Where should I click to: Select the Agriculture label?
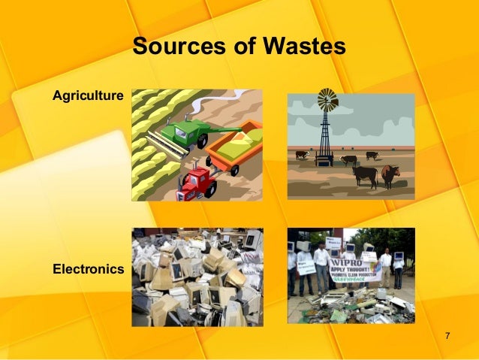point(88,95)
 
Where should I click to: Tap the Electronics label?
point(88,268)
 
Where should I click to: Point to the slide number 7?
point(447,334)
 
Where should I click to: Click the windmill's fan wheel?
point(327,99)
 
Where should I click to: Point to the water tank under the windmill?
point(324,159)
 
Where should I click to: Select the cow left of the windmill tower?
point(302,155)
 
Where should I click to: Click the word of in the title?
point(243,47)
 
